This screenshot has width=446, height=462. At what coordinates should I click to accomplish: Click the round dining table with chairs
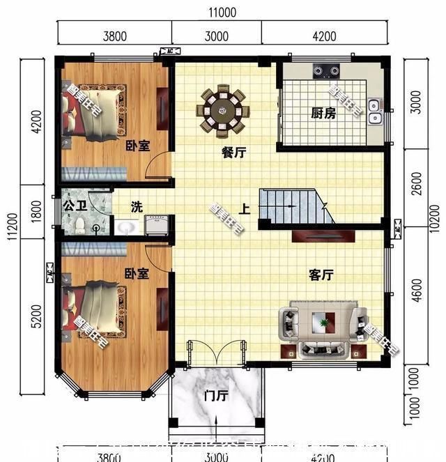[225, 109]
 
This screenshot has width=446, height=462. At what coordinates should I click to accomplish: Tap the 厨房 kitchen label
[323, 113]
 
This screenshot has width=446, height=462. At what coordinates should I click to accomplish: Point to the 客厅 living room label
[321, 275]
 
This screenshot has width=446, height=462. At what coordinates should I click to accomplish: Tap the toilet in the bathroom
[80, 224]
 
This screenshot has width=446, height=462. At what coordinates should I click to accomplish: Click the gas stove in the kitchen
[325, 70]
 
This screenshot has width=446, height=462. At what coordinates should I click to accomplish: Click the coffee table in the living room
[323, 322]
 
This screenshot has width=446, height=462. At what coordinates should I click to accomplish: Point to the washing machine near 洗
[154, 226]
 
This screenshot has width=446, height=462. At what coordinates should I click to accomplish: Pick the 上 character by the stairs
[245, 208]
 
